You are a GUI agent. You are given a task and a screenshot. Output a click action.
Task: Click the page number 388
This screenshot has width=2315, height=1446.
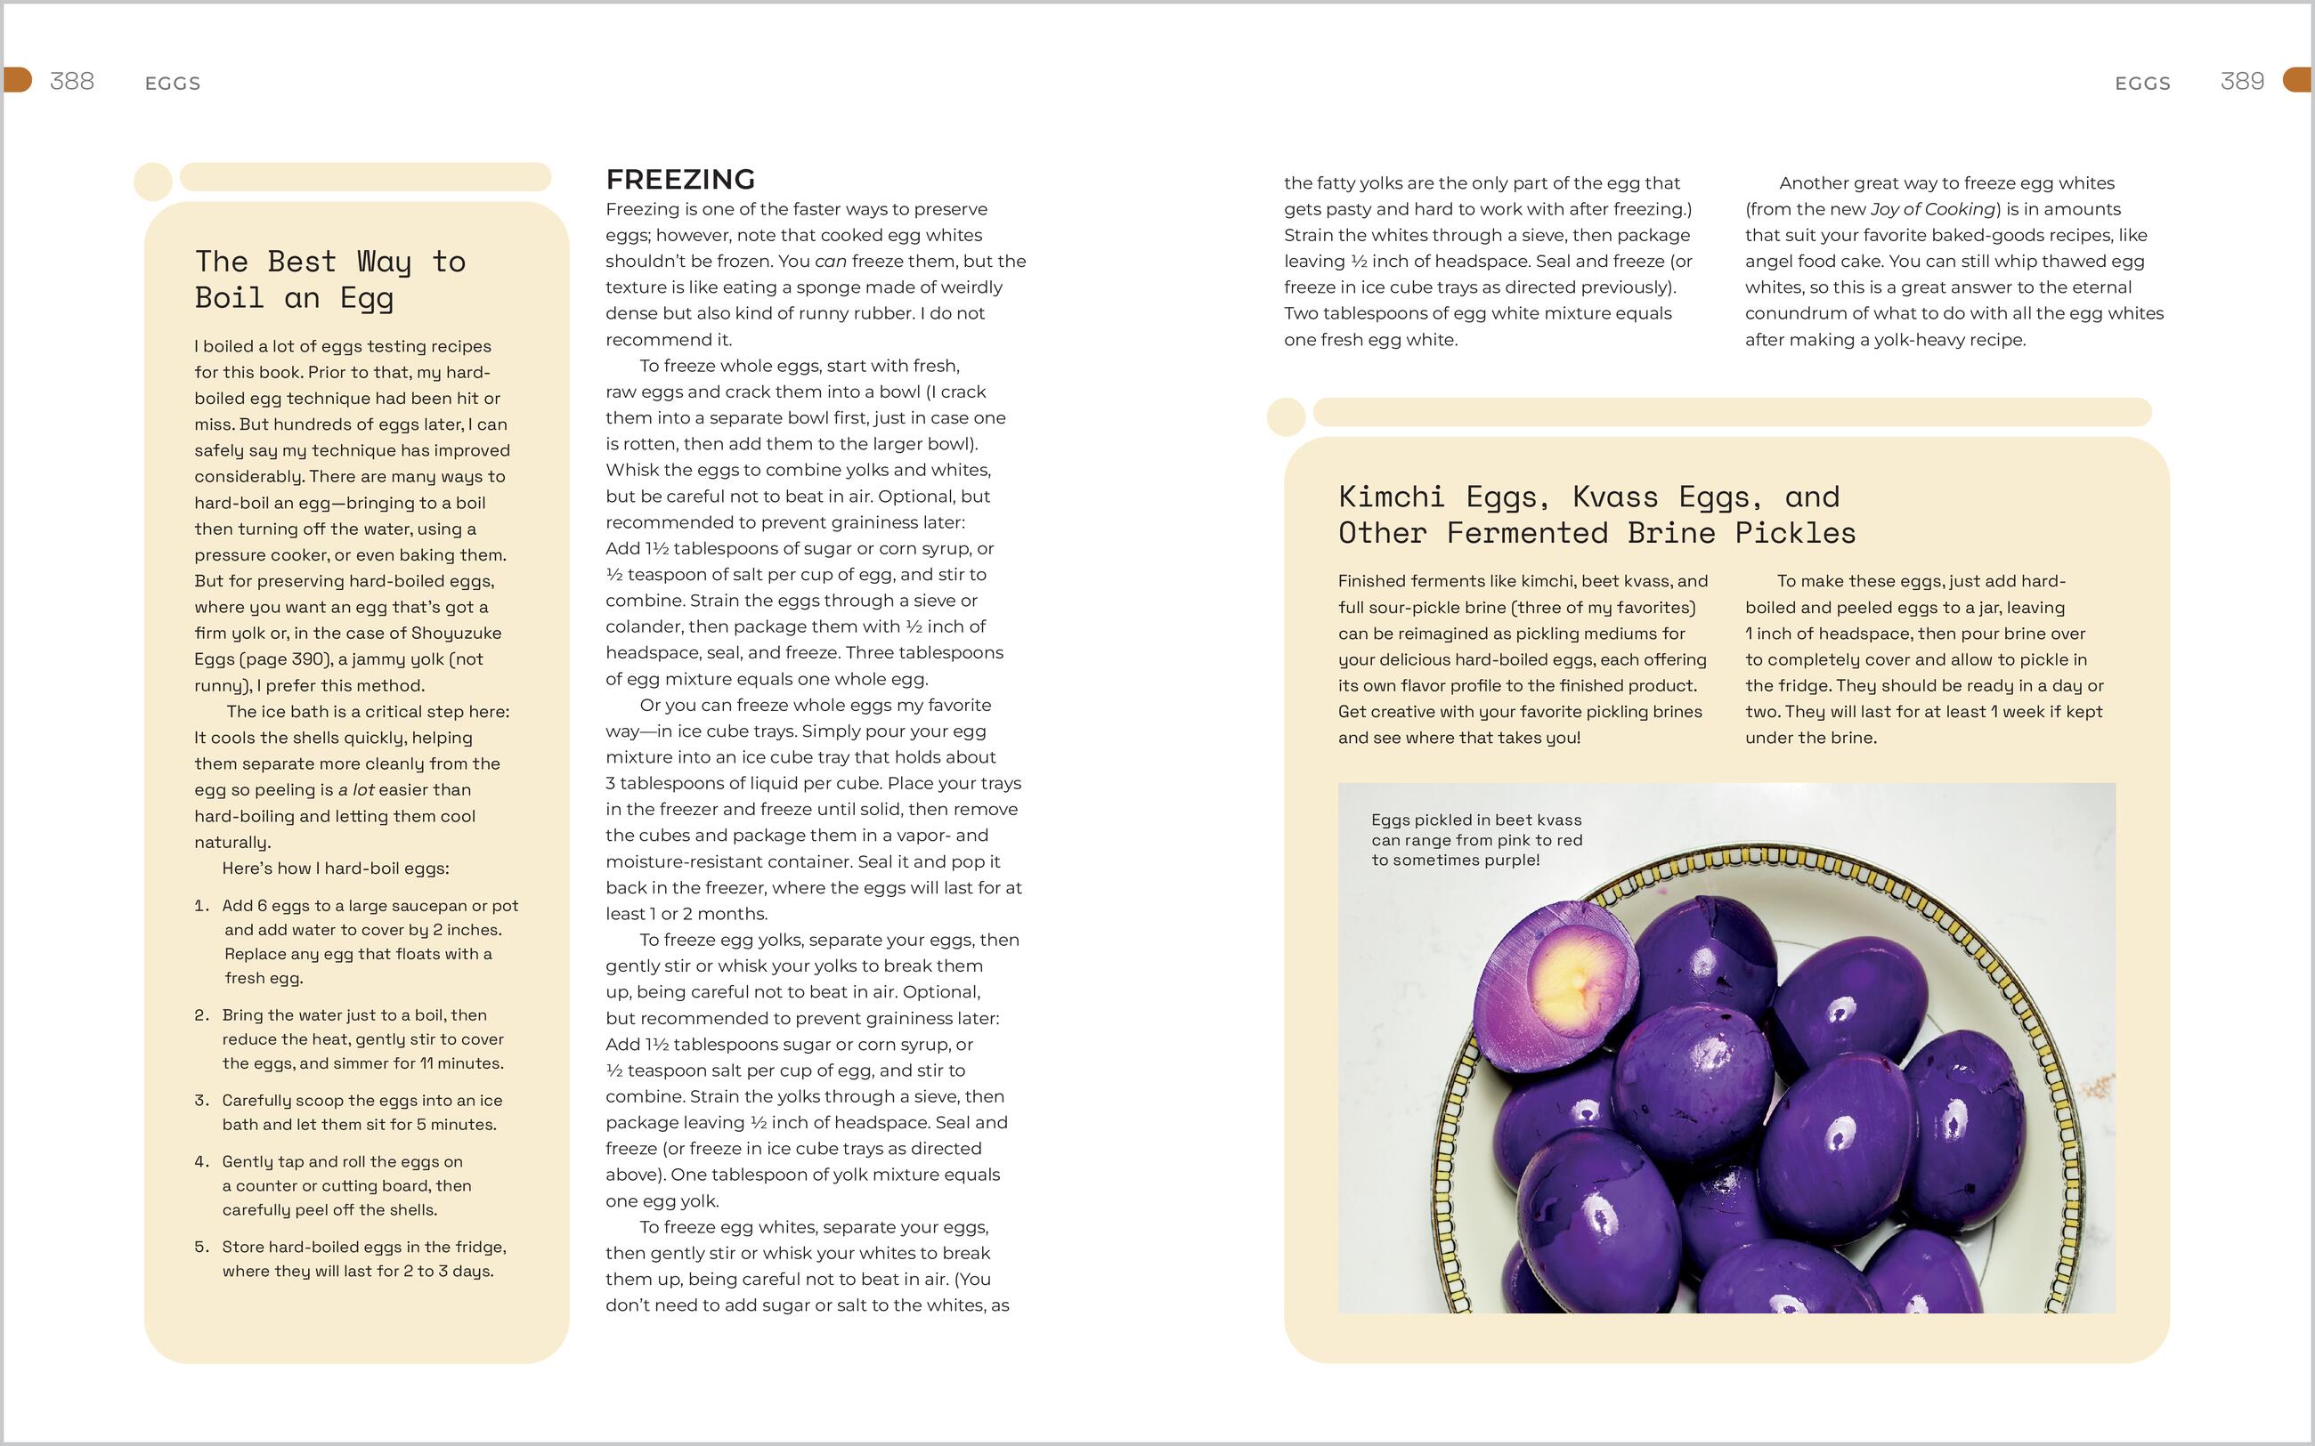(72, 81)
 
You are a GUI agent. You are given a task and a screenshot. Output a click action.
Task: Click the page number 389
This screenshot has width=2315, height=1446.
(2241, 81)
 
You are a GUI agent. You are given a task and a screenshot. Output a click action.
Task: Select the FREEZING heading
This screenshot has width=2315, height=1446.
(680, 179)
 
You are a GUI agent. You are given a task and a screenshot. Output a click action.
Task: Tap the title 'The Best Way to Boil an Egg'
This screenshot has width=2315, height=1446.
(330, 279)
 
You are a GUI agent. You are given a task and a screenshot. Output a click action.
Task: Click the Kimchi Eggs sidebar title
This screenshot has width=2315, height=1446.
(1596, 514)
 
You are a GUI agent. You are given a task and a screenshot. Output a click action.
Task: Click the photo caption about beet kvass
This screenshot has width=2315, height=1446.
(1476, 840)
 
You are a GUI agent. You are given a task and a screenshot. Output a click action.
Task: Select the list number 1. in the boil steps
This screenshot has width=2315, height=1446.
(201, 906)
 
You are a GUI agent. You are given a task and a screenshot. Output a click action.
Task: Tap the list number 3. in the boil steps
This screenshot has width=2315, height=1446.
(201, 1101)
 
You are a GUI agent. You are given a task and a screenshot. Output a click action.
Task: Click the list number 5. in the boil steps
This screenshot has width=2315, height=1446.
(201, 1247)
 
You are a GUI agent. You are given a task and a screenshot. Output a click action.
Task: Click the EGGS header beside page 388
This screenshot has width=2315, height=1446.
(172, 85)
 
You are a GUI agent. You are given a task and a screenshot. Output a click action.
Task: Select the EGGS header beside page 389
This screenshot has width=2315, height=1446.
(2142, 85)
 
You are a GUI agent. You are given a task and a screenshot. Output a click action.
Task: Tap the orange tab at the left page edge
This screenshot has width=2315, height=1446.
(17, 80)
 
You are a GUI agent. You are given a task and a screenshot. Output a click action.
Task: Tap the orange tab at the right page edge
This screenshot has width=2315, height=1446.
(2298, 80)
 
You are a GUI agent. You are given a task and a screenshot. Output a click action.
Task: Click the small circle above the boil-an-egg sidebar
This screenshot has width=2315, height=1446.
(153, 182)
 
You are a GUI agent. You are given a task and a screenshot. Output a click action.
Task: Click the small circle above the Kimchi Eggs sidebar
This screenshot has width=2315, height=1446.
(1286, 417)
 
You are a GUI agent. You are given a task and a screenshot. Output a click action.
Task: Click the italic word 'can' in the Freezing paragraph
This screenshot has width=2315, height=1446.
(829, 261)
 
